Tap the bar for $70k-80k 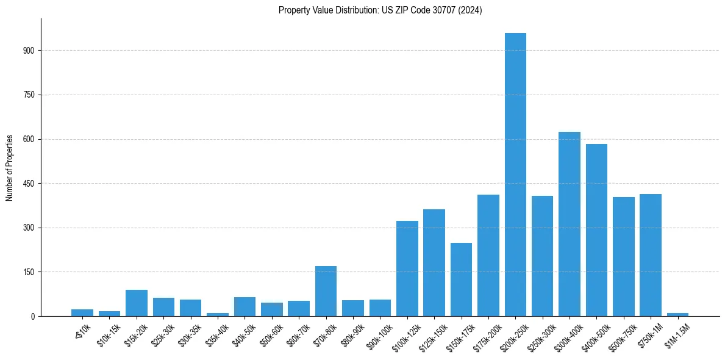[326, 291]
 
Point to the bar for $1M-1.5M [677, 314]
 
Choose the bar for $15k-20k [137, 303]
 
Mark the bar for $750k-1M [651, 255]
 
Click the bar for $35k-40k [218, 314]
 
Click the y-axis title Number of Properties [10, 167]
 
